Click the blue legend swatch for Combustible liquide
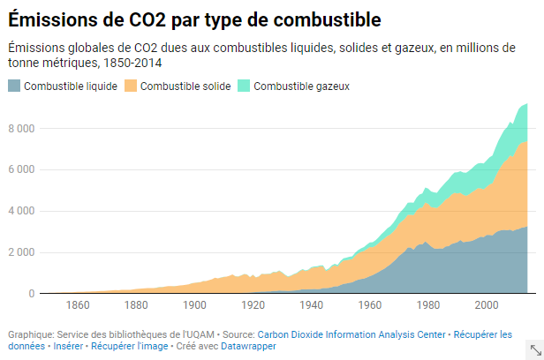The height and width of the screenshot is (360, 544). pyautogui.click(x=14, y=86)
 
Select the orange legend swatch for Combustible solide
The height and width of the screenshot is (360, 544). pyautogui.click(x=131, y=86)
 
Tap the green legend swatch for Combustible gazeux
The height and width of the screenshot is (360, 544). pyautogui.click(x=245, y=86)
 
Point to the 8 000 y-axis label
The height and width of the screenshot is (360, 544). pyautogui.click(x=20, y=129)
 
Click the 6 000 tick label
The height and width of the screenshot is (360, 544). pyautogui.click(x=20, y=170)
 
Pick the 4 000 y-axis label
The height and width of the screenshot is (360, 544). pyautogui.click(x=20, y=212)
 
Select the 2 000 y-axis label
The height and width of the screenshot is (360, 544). pyautogui.click(x=20, y=253)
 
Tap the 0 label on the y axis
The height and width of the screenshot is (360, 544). pyautogui.click(x=30, y=294)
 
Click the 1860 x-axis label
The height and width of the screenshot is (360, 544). pyautogui.click(x=78, y=306)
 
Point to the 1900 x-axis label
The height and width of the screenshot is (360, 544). pyautogui.click(x=193, y=306)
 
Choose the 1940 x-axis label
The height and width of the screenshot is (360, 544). pyautogui.click(x=311, y=306)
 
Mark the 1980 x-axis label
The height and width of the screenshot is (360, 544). pyautogui.click(x=427, y=306)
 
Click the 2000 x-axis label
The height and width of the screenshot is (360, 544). pyautogui.click(x=486, y=306)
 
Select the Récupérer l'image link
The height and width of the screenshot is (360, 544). pyautogui.click(x=128, y=347)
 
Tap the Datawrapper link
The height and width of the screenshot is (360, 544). pyautogui.click(x=248, y=347)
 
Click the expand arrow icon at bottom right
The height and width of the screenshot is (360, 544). pyautogui.click(x=534, y=349)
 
